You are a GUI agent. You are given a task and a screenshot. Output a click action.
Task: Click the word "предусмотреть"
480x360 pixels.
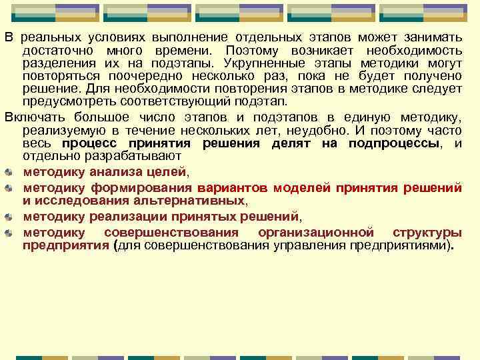pyautogui.click(x=65, y=101)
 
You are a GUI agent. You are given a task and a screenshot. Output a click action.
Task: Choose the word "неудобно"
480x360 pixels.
pyautogui.click(x=348, y=130)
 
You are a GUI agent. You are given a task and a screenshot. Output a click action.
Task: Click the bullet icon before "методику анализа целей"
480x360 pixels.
pyautogui.click(x=9, y=172)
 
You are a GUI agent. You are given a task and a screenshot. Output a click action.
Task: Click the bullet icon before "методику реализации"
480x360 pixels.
pyautogui.click(x=9, y=217)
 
